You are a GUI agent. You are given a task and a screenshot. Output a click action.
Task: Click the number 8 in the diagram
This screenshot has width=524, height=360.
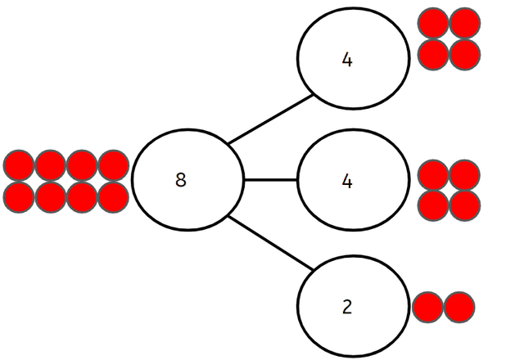[x=180, y=180]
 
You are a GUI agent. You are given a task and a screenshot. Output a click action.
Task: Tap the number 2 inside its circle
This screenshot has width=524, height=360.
[x=347, y=308]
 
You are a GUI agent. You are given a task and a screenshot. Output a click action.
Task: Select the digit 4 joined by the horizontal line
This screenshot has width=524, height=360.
[x=347, y=181]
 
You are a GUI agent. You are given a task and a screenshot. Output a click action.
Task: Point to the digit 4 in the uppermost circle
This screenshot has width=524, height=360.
[x=347, y=61]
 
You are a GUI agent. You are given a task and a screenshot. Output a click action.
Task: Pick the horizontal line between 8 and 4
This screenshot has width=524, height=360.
[x=270, y=179]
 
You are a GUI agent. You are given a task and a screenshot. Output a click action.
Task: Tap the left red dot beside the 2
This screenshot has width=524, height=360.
[x=427, y=308]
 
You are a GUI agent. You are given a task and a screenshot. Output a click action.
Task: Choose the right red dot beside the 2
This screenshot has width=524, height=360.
[x=459, y=308]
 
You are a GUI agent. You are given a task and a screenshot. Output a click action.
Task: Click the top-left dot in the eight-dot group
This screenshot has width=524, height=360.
[x=19, y=165]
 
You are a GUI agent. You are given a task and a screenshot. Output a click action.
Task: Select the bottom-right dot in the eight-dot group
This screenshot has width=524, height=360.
[x=113, y=196]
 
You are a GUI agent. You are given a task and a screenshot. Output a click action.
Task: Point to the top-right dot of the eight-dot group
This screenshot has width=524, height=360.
[x=113, y=165]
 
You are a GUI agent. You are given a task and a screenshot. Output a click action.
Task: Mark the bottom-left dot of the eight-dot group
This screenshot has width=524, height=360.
[x=19, y=196]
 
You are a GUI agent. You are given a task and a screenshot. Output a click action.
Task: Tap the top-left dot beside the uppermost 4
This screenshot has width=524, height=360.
[x=433, y=24]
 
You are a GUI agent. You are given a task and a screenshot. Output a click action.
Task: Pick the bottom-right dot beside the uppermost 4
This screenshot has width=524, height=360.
[x=464, y=54]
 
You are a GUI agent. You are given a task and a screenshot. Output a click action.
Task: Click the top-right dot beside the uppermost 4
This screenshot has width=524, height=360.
[x=464, y=24]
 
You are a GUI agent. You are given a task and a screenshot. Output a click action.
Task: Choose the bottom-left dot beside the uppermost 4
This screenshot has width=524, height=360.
[x=433, y=54]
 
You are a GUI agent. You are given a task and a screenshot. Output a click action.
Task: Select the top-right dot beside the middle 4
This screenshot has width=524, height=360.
[x=464, y=174]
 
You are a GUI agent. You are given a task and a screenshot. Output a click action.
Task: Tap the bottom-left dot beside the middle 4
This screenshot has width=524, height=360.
[x=433, y=205]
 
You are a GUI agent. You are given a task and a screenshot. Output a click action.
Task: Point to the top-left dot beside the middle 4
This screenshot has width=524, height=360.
[x=433, y=174]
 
